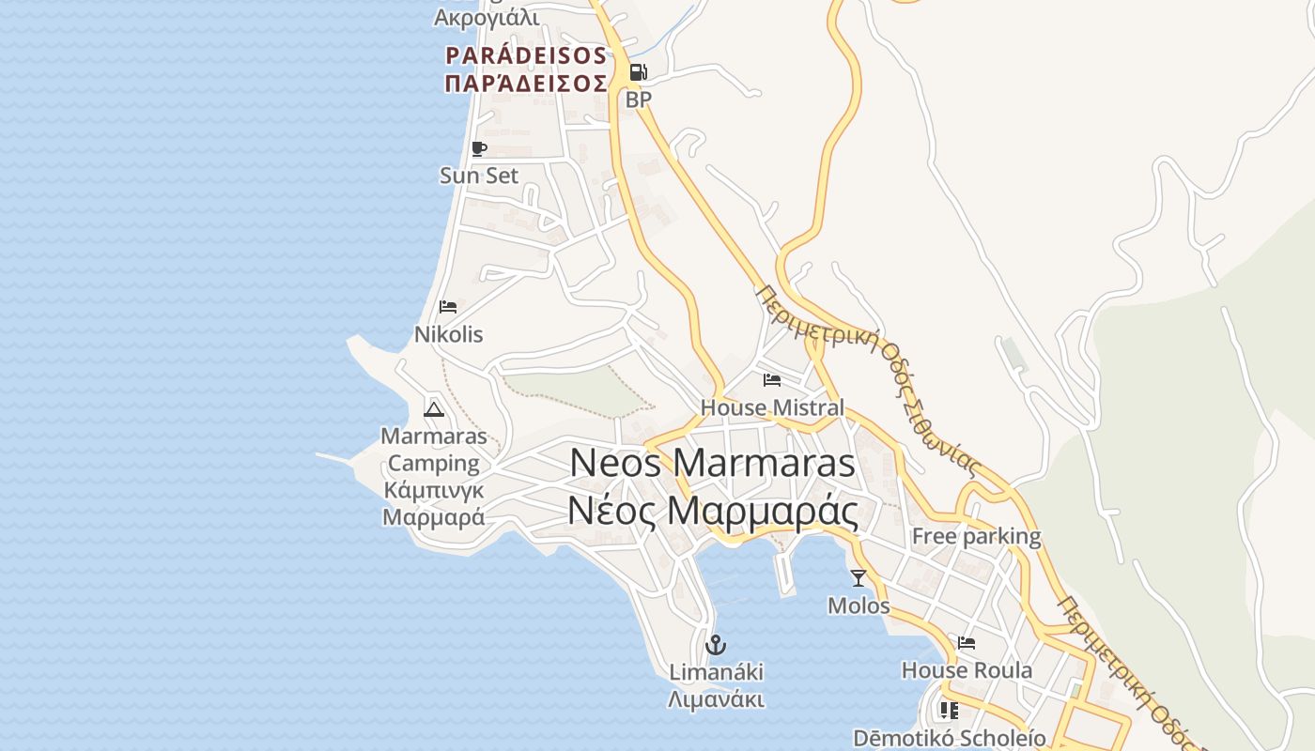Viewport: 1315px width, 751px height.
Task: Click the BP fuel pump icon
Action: pyautogui.click(x=638, y=72)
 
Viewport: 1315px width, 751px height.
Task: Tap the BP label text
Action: pyautogui.click(x=638, y=99)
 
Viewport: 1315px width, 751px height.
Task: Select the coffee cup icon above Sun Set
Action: pyautogui.click(x=479, y=148)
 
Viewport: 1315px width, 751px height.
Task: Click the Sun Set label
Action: pyautogui.click(x=479, y=176)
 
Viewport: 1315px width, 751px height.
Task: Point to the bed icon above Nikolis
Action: pyautogui.click(x=448, y=307)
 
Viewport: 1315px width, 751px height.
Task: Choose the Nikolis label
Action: pyautogui.click(x=448, y=334)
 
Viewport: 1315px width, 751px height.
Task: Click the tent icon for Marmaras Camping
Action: pyautogui.click(x=433, y=408)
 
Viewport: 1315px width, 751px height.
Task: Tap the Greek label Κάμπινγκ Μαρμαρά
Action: pyautogui.click(x=433, y=503)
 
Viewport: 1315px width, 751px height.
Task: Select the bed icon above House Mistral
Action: pyautogui.click(x=772, y=380)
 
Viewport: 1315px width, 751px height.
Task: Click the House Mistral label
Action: pyautogui.click(x=772, y=407)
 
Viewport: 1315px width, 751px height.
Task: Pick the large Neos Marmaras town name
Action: pyautogui.click(x=712, y=463)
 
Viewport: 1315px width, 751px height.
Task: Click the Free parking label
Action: pyautogui.click(x=976, y=537)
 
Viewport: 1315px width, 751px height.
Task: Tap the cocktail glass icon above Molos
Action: pyautogui.click(x=858, y=578)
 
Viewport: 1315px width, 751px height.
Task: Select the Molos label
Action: pyautogui.click(x=858, y=605)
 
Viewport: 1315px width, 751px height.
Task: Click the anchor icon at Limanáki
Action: pyautogui.click(x=716, y=645)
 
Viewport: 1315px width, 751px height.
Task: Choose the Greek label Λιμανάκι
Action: pyautogui.click(x=716, y=700)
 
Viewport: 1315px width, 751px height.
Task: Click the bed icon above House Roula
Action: pyautogui.click(x=967, y=643)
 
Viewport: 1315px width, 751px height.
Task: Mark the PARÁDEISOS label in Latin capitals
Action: pyautogui.click(x=526, y=55)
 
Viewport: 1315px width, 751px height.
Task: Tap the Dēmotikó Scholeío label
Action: pyautogui.click(x=949, y=738)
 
